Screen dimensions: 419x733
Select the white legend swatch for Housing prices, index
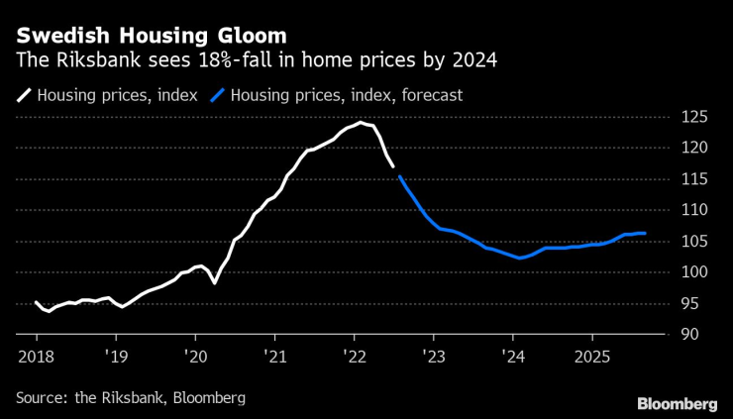(24, 96)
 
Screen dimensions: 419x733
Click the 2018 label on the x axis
(36, 354)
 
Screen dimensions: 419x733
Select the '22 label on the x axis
(354, 354)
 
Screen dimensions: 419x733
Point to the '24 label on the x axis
(512, 354)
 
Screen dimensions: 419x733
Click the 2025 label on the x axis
(592, 354)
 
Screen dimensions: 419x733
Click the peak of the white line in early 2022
(362, 123)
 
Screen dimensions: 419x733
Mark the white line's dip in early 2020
(214, 283)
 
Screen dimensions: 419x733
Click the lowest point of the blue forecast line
(519, 258)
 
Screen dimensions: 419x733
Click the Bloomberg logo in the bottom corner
(677, 403)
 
